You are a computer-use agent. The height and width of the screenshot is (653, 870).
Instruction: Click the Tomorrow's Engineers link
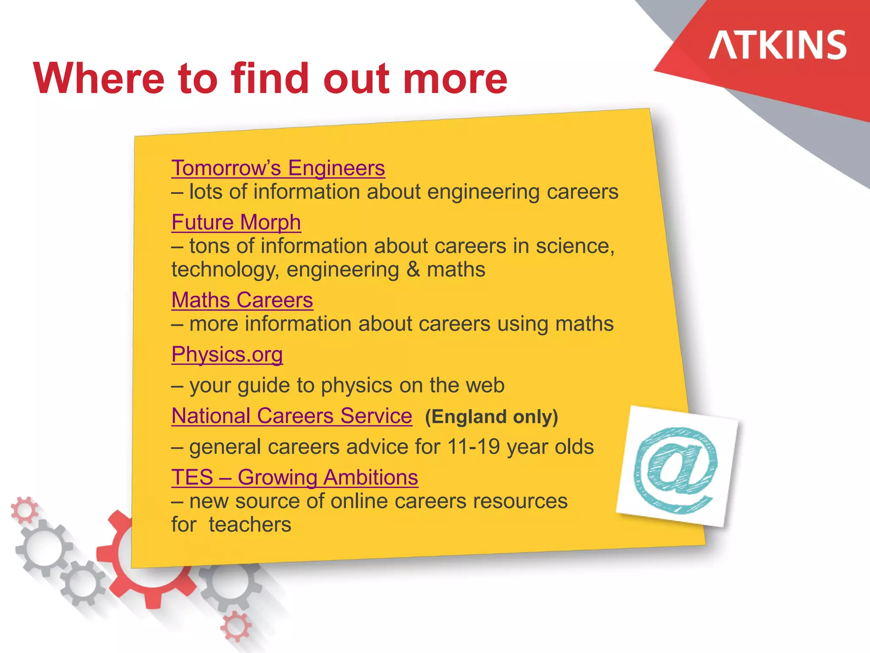point(278,168)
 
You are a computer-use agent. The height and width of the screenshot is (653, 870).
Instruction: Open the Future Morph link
point(236,222)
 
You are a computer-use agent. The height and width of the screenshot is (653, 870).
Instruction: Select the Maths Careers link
point(242,300)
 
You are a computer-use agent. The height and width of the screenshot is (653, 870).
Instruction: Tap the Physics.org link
point(227,355)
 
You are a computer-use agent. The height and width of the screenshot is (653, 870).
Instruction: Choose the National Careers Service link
point(292,416)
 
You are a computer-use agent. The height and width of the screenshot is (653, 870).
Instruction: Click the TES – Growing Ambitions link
point(295,477)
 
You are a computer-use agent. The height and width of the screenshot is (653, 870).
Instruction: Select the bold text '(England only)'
point(491,417)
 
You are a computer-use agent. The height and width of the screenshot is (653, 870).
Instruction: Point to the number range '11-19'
point(474,447)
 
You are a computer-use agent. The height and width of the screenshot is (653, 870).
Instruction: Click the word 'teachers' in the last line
point(250,525)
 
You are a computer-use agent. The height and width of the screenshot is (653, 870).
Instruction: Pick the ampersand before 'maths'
point(413,270)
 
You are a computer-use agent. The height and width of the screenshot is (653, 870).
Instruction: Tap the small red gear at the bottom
point(236,626)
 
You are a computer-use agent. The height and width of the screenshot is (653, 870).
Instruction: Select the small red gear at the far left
point(24,509)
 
